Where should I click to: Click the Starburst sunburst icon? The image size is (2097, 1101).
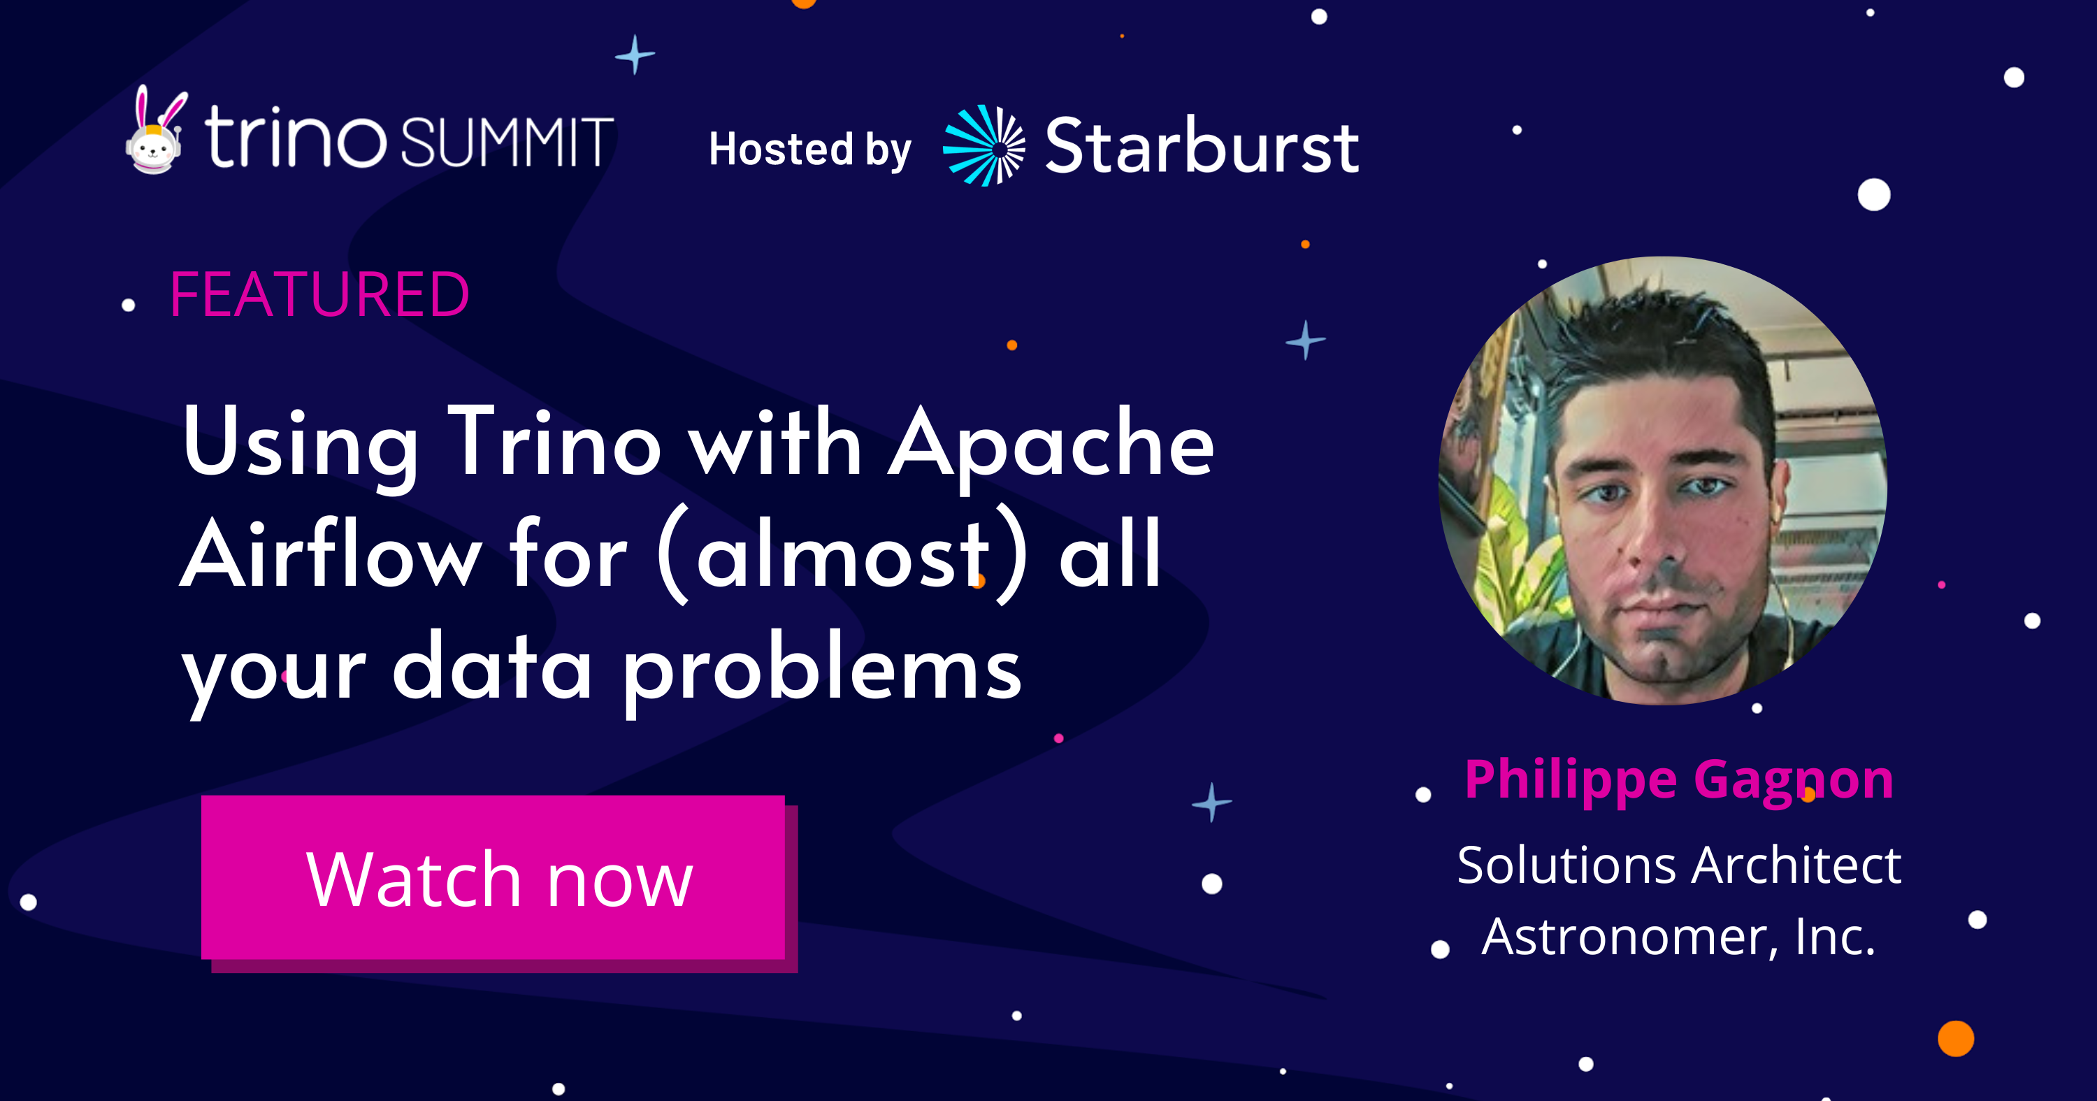984,146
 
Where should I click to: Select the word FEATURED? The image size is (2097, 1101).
319,294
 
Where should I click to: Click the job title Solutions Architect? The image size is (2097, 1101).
1678,864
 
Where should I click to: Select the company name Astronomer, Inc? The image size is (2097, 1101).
1678,937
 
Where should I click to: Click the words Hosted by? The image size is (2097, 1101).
810,150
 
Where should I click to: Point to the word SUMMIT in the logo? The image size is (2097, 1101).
506,142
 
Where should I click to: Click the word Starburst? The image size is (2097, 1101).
1202,146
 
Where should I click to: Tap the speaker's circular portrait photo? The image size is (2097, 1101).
1663,480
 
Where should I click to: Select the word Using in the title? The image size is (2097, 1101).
300,447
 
